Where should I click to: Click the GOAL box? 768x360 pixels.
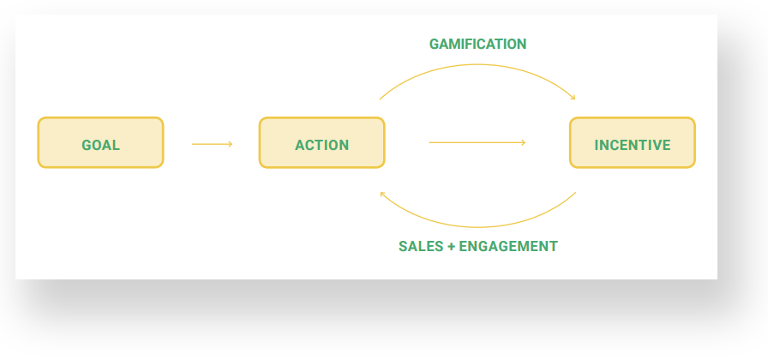click(100, 142)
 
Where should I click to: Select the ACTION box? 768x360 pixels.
click(321, 142)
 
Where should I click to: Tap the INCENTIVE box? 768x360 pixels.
click(633, 142)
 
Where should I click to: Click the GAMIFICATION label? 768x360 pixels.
click(477, 44)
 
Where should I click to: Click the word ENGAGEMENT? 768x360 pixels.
click(508, 246)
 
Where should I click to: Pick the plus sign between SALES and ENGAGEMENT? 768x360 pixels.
click(451, 246)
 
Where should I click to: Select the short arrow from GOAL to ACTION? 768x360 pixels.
click(212, 144)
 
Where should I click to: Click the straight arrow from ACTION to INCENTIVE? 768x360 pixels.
click(477, 142)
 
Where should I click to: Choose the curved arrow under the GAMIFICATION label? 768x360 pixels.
click(477, 64)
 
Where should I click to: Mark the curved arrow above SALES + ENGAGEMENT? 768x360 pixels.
click(477, 227)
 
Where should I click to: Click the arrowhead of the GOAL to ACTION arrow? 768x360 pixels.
click(231, 144)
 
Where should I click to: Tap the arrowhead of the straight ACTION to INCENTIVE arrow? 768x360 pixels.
click(524, 142)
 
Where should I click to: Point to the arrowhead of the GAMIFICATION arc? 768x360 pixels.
click(573, 98)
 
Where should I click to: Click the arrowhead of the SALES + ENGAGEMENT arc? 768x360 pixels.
click(382, 194)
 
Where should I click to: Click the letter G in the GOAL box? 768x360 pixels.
click(87, 145)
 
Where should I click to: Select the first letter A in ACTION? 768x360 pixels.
click(300, 145)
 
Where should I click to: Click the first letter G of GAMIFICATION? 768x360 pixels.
click(435, 44)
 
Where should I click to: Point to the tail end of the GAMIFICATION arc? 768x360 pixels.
click(380, 99)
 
